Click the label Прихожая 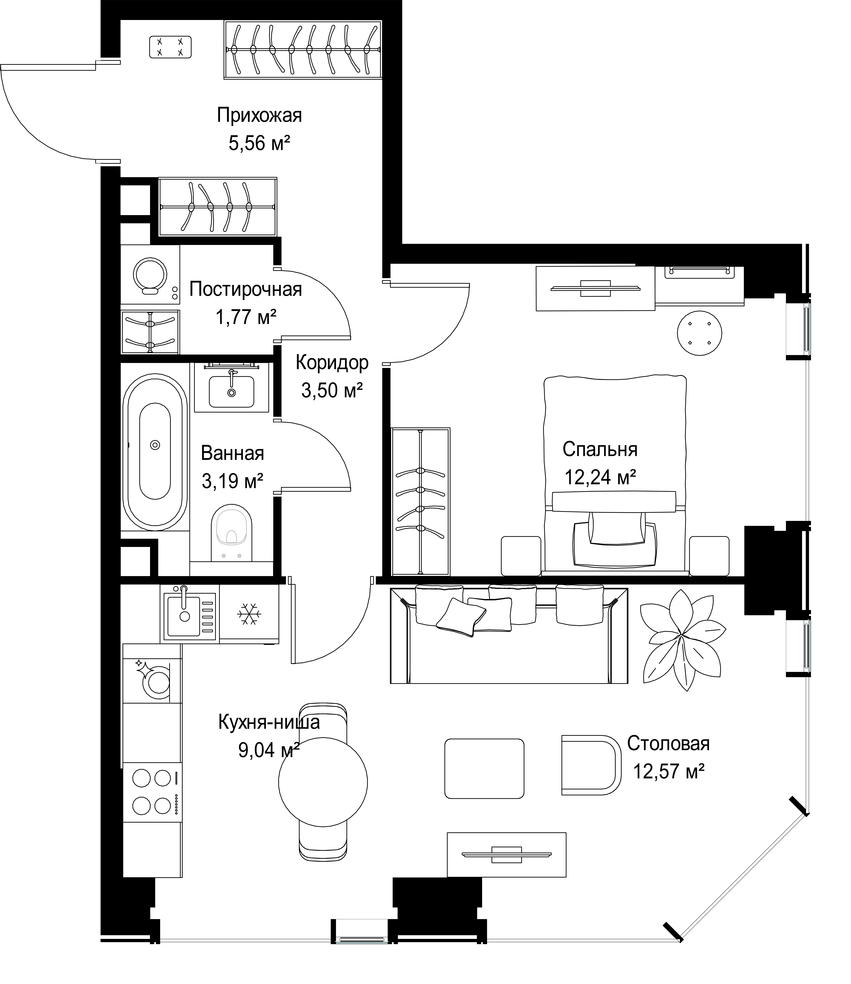tap(259, 115)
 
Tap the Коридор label tap(332, 363)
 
